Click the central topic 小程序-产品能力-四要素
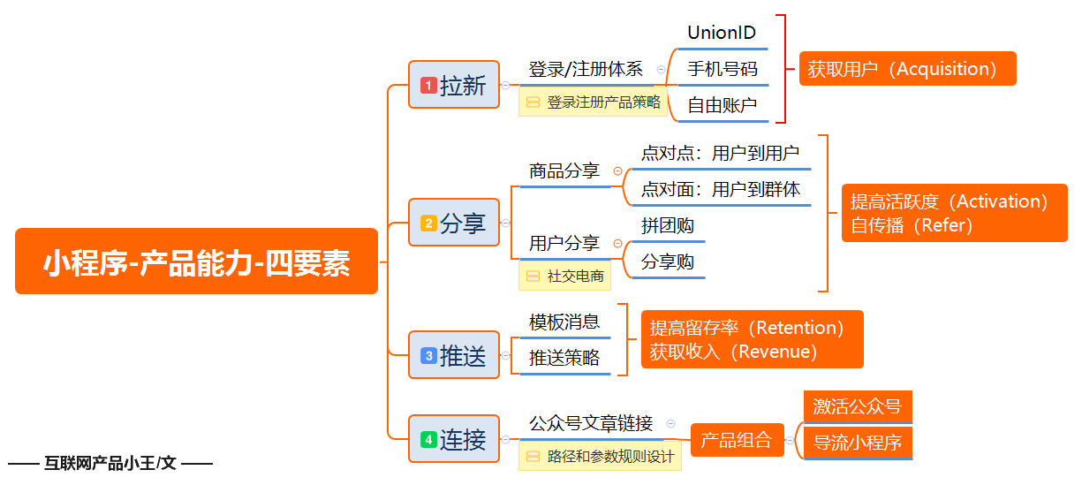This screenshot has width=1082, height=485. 197,261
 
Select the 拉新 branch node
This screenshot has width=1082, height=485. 454,85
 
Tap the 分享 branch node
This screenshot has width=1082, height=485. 454,223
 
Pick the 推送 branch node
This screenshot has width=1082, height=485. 454,355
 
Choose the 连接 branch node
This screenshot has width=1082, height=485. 454,439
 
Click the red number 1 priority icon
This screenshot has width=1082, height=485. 428,86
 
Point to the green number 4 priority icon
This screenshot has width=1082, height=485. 428,440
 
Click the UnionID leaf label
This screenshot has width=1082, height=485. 722,33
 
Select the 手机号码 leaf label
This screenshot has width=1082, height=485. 723,69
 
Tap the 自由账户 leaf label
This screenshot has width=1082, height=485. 723,105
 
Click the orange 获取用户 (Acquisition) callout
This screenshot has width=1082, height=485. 908,69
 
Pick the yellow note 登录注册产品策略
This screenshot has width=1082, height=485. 593,102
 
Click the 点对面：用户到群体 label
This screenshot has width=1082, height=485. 721,189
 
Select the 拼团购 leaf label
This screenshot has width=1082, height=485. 668,225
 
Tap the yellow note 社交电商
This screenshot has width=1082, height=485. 564,276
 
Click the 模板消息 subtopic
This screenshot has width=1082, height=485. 564,322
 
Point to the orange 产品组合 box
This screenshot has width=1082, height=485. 738,440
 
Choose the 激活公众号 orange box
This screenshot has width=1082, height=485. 858,406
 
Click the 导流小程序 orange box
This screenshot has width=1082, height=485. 858,443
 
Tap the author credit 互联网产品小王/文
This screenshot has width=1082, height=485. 110,463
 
